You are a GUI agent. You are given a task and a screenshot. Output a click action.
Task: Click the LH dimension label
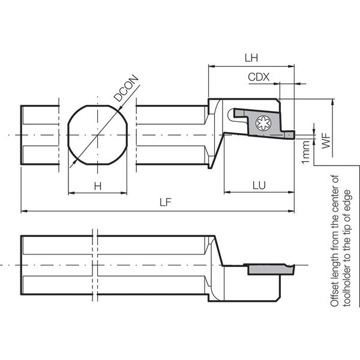pos(251,58)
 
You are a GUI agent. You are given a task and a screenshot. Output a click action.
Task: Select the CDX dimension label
pos(259,77)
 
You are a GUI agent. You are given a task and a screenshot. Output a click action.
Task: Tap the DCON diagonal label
pos(127,88)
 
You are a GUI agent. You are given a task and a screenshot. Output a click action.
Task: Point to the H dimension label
pos(98,186)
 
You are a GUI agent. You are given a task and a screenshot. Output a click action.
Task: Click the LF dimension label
pos(166,202)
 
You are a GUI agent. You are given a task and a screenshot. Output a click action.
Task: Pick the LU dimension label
pos(259,185)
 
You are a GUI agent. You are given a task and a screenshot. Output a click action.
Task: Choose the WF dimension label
pos(326,140)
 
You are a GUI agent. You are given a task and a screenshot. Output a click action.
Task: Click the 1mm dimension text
pos(306,152)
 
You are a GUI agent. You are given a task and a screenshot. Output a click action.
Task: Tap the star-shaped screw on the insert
pos(263,123)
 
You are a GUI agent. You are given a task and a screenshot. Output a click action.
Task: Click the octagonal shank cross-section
pos(98,135)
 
